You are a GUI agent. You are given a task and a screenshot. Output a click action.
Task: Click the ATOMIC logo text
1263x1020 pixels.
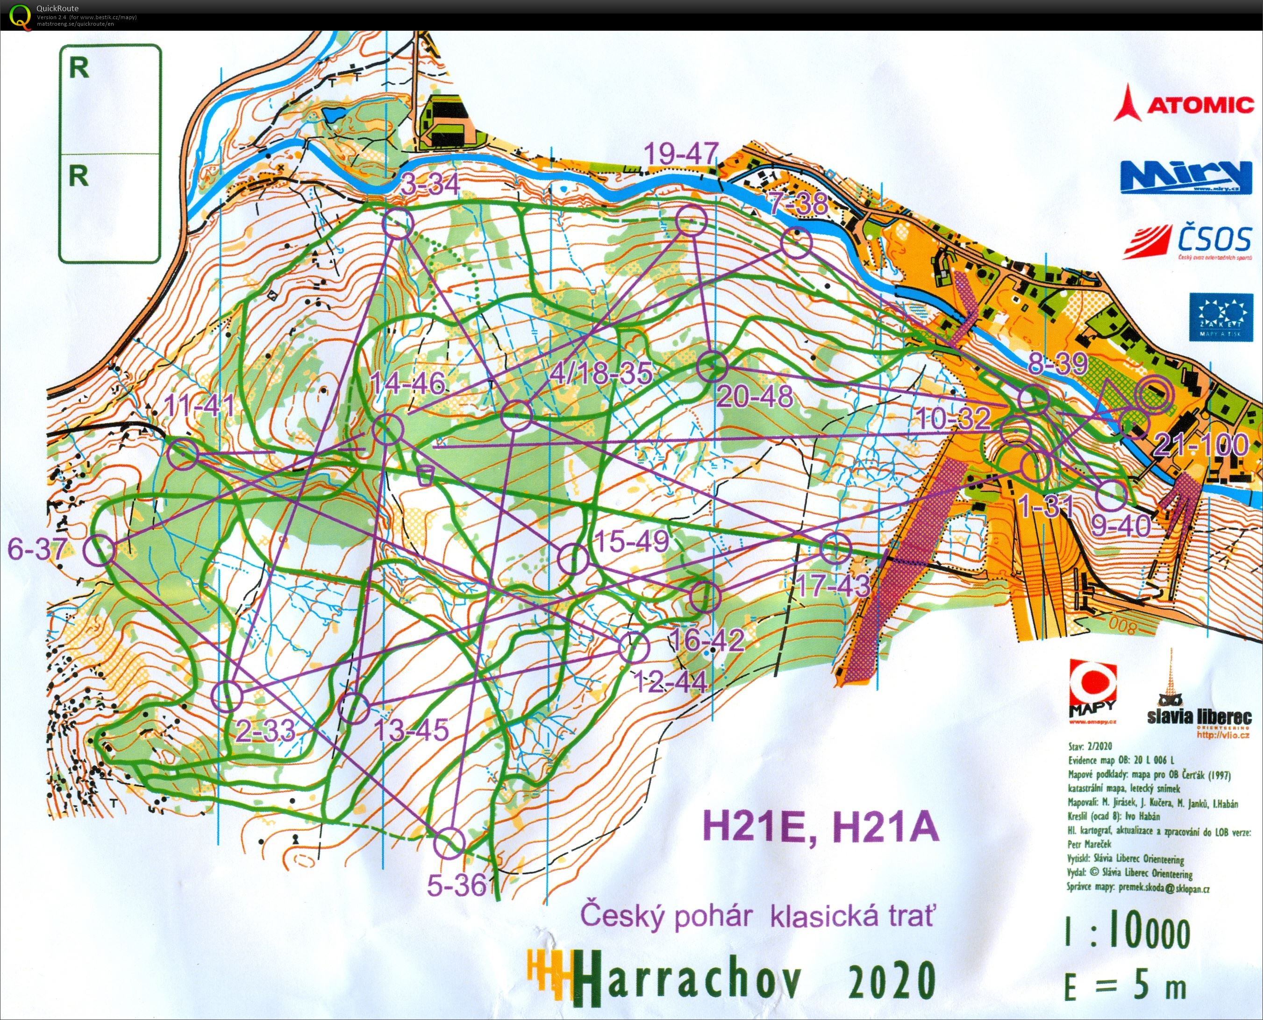[1199, 105]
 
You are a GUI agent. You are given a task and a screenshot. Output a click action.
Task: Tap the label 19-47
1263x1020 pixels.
[681, 154]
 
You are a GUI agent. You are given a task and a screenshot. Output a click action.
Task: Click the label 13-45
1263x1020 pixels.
[411, 730]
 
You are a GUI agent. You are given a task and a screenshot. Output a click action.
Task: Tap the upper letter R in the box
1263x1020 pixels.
[79, 68]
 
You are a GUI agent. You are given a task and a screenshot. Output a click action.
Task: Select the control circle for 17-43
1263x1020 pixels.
[835, 549]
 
